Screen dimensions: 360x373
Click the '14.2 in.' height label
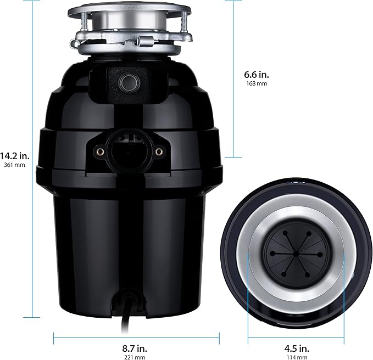pyautogui.click(x=15, y=155)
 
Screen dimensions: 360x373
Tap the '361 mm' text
pyautogui.click(x=14, y=165)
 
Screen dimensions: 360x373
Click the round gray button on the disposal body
pyautogui.click(x=129, y=82)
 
